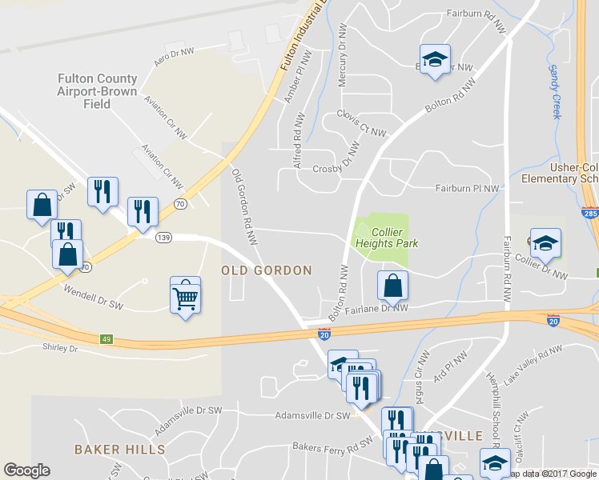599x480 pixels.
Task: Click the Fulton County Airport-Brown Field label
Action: pos(97,91)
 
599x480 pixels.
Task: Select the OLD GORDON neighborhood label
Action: pos(267,271)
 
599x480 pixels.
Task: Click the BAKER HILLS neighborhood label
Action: pos(120,450)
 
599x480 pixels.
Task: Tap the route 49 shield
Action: pos(107,340)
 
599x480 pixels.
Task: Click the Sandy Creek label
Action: pos(554,91)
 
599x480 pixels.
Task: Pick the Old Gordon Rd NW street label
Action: pos(243,206)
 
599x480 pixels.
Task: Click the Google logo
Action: pos(26,470)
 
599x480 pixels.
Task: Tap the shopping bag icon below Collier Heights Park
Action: pos(392,285)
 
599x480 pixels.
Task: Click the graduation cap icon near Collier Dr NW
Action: pos(545,243)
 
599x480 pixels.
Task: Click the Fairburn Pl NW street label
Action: pos(468,189)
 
